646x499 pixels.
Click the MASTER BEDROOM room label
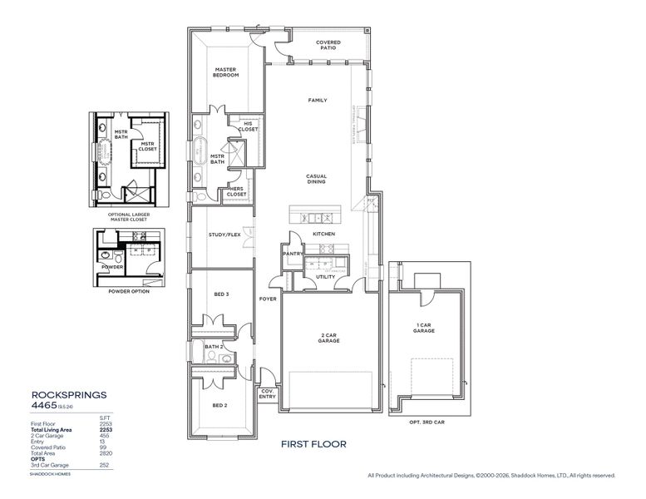pyautogui.click(x=226, y=72)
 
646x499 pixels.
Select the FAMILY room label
pyautogui.click(x=318, y=100)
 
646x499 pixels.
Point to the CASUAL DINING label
pyautogui.click(x=317, y=179)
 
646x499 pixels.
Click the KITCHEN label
pyautogui.click(x=323, y=235)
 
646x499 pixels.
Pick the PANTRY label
pyautogui.click(x=291, y=254)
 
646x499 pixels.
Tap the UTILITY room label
pyautogui.click(x=325, y=276)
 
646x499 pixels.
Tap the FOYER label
pyautogui.click(x=267, y=299)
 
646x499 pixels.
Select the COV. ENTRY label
pyautogui.click(x=268, y=394)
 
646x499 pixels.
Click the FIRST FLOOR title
pyautogui.click(x=313, y=444)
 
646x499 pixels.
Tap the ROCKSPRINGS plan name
pyautogui.click(x=68, y=396)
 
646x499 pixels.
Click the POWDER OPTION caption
pyautogui.click(x=129, y=291)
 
